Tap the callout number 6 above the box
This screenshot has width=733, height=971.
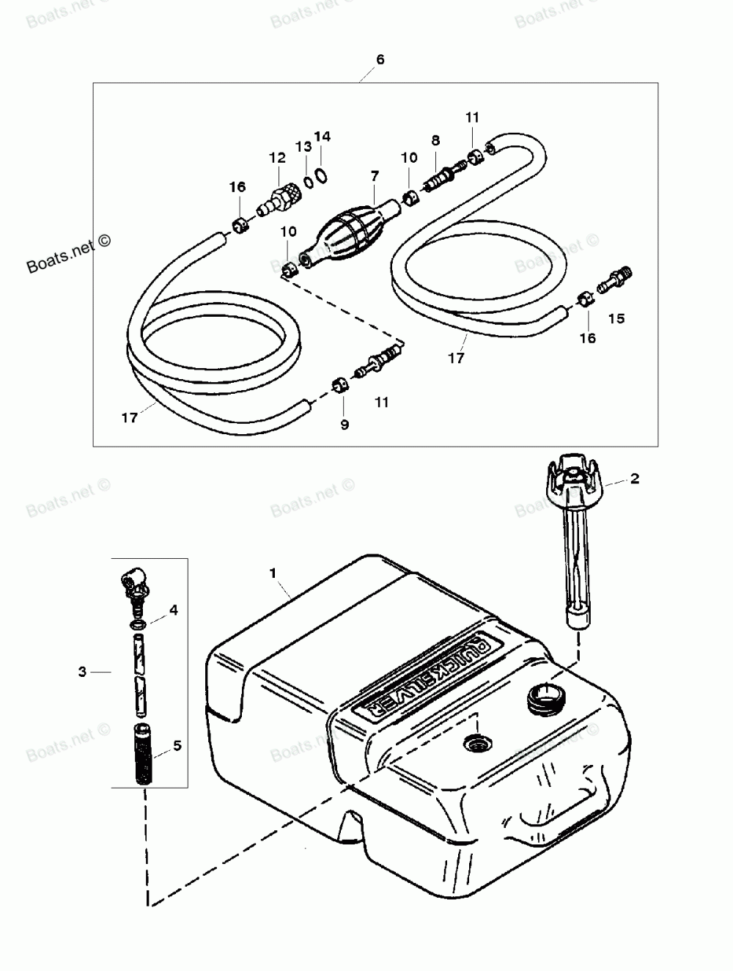[380, 59]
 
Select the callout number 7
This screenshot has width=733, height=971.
[375, 176]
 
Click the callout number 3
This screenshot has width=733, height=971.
[83, 671]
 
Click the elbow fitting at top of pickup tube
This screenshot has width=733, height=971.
[134, 585]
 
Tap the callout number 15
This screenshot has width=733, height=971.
[616, 318]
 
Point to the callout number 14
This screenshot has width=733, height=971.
[323, 137]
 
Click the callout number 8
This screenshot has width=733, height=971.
[435, 140]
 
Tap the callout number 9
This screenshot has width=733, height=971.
[345, 424]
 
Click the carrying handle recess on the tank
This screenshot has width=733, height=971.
[543, 813]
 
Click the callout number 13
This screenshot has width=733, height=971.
[303, 147]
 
